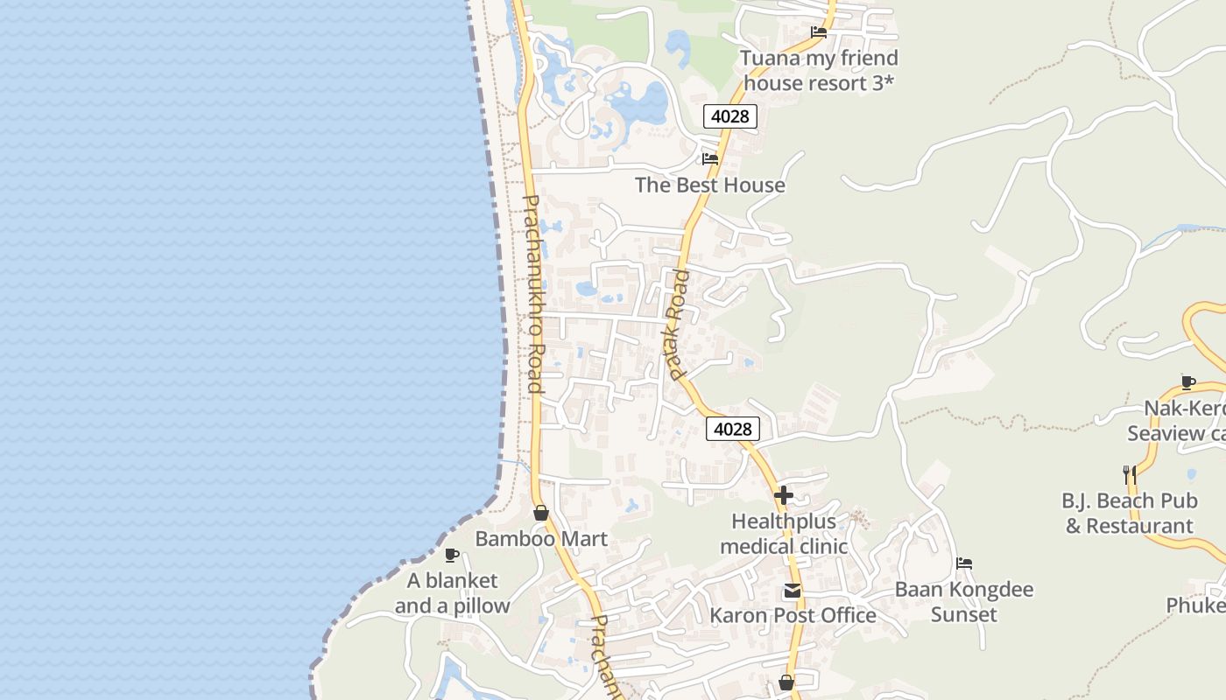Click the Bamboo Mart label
click(x=541, y=539)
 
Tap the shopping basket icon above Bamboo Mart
click(x=541, y=513)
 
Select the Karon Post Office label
click(x=793, y=615)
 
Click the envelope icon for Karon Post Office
click(x=793, y=591)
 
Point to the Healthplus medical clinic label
click(x=784, y=534)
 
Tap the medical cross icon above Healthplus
click(x=784, y=495)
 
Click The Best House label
click(x=710, y=185)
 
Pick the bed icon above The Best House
click(x=710, y=159)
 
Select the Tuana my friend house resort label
click(x=820, y=70)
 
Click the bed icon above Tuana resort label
click(x=819, y=32)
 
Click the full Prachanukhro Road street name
click(x=533, y=293)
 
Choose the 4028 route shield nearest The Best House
click(x=729, y=116)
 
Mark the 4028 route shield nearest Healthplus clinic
click(x=732, y=429)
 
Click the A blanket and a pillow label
click(x=452, y=593)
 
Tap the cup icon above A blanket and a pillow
click(x=452, y=555)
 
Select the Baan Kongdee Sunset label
click(x=964, y=602)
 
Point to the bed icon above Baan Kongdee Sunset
click(x=964, y=563)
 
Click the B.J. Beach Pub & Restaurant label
click(x=1130, y=514)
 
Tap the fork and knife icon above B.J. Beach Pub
click(x=1130, y=475)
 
